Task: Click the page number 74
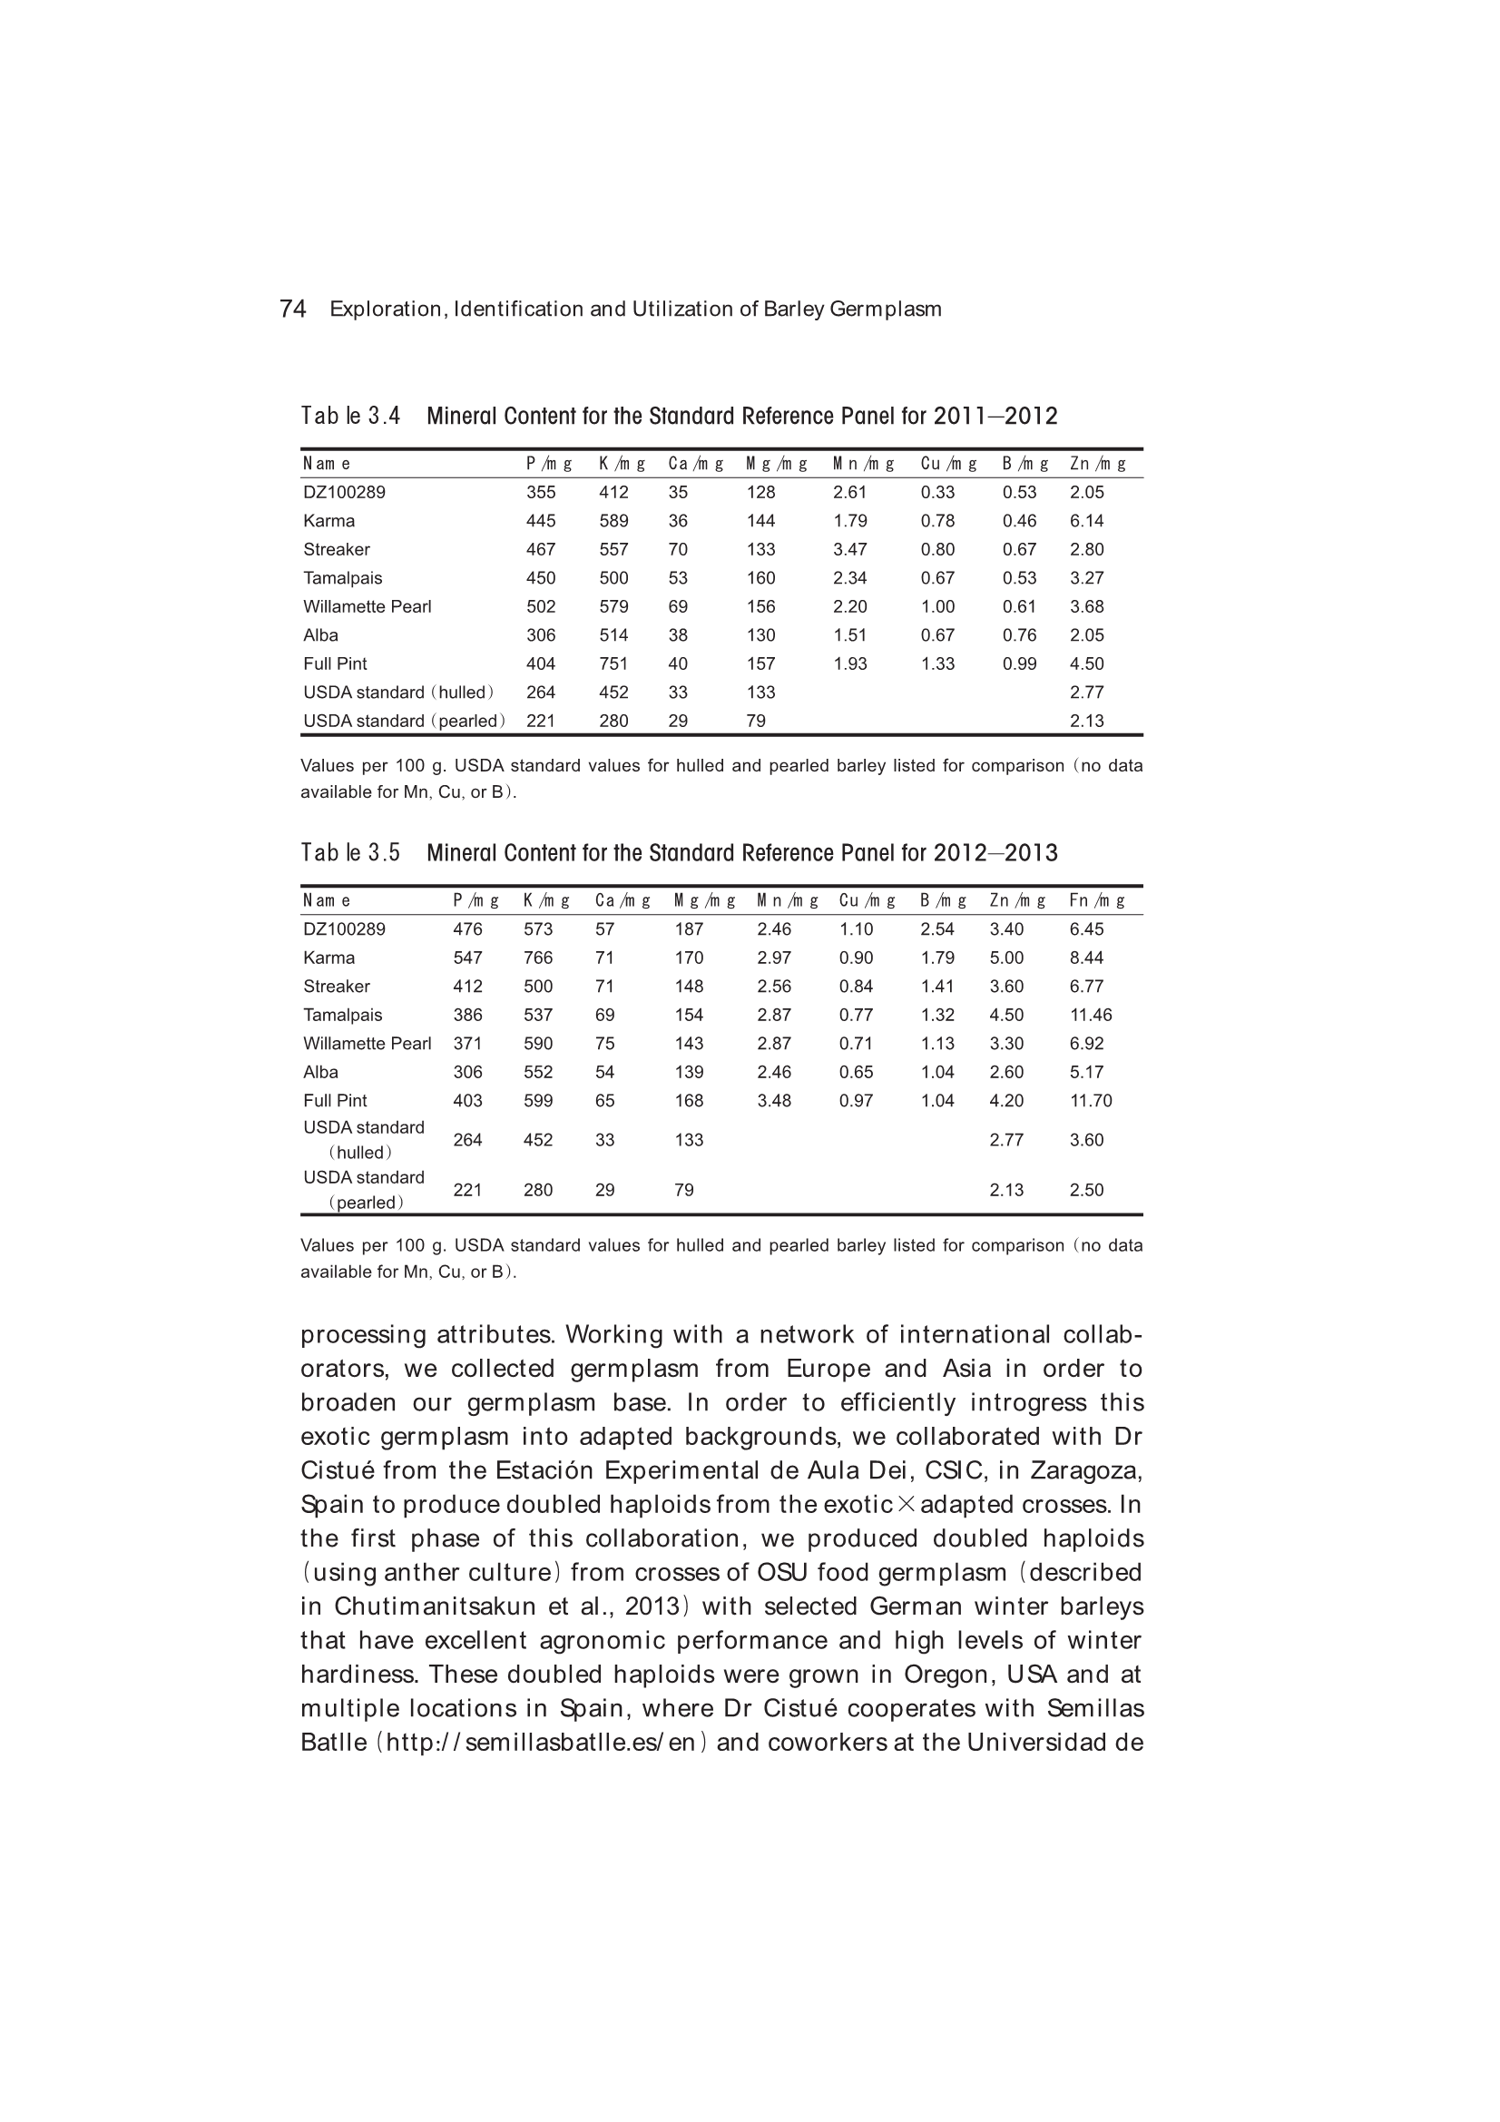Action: pyautogui.click(x=292, y=309)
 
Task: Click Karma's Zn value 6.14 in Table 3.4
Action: pyautogui.click(x=1087, y=521)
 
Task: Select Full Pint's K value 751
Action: pyautogui.click(x=613, y=664)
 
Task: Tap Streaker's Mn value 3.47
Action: pyautogui.click(x=849, y=550)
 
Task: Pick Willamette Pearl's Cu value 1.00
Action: pyautogui.click(x=937, y=607)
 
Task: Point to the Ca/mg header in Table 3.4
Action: pyautogui.click(x=695, y=464)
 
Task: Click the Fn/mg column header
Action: pyautogui.click(x=1097, y=901)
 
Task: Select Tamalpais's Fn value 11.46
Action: pyautogui.click(x=1091, y=1016)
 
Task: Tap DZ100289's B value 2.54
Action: pyautogui.click(x=937, y=929)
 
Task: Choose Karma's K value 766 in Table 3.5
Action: pyautogui.click(x=538, y=958)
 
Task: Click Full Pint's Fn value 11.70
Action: pyautogui.click(x=1091, y=1102)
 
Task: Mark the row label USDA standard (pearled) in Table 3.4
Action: pyautogui.click(x=404, y=722)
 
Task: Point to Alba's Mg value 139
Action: pyautogui.click(x=689, y=1073)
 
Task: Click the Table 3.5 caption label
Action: pyautogui.click(x=350, y=853)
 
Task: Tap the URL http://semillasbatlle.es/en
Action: pyautogui.click(x=540, y=1743)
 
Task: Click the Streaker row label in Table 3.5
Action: pyautogui.click(x=337, y=987)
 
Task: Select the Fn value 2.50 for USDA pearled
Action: pyautogui.click(x=1087, y=1191)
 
